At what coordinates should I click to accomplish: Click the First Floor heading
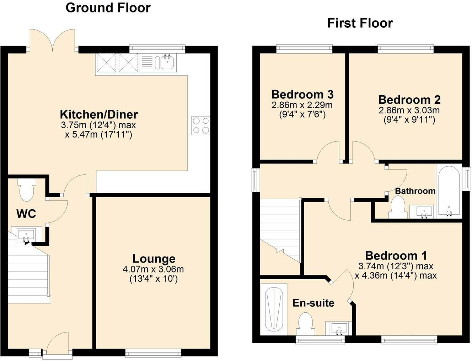[360, 23]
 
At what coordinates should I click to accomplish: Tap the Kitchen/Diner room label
[99, 114]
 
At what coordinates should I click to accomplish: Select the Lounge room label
[154, 259]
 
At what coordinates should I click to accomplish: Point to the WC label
[26, 214]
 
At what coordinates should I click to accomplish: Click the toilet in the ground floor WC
[27, 189]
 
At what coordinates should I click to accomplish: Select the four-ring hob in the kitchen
[201, 125]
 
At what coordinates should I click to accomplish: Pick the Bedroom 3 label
[302, 94]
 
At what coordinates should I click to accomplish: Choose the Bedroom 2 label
[409, 99]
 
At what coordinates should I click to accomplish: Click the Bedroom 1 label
[396, 256]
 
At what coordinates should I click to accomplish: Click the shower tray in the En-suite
[274, 309]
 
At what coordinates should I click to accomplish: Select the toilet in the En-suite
[306, 324]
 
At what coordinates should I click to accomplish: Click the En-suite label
[313, 303]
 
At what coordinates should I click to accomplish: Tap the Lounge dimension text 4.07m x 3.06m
[153, 269]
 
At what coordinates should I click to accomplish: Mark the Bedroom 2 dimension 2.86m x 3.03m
[409, 110]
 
